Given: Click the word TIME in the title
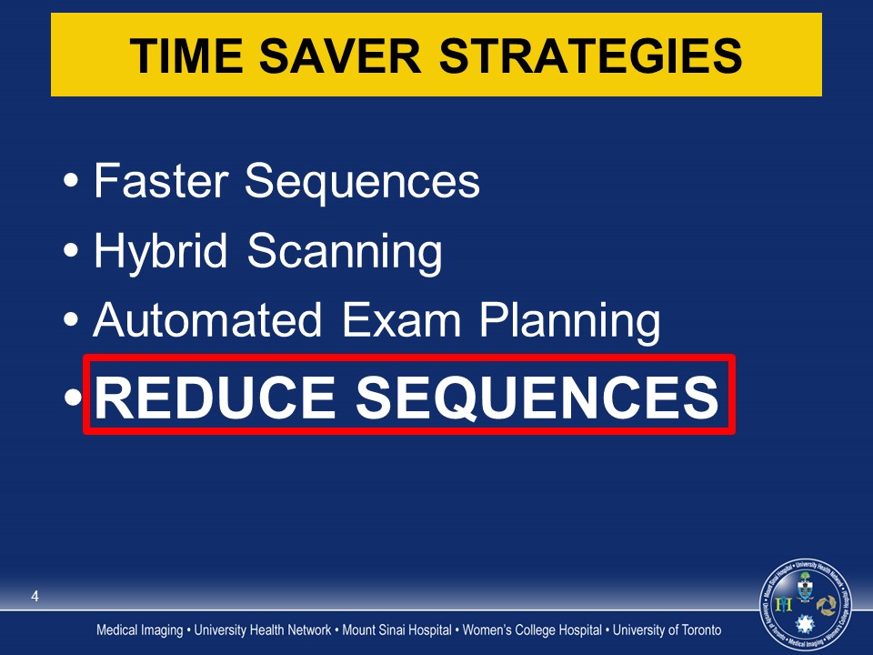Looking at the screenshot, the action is pos(186,55).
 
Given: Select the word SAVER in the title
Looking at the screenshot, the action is pos(340,55).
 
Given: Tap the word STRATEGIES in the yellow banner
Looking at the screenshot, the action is pos(591,55).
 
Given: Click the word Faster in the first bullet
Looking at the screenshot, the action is pos(161,180).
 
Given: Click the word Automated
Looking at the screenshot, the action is pos(207,319).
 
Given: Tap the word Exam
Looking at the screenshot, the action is pos(401,319).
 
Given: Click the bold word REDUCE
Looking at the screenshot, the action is pos(215,397).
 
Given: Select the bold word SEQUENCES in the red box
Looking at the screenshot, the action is pos(537,398).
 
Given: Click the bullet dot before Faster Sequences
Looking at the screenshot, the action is pos(71,180).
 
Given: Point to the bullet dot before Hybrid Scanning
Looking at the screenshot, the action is pos(71,250).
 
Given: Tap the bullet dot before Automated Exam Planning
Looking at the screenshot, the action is pos(71,319).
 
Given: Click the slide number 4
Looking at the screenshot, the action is pos(35,596).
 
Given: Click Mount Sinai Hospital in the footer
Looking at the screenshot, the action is pos(396,630).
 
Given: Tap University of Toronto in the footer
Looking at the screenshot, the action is pos(667,630).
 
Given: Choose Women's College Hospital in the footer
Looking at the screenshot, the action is pos(532,630).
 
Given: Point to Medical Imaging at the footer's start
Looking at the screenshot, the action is pos(140,630).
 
